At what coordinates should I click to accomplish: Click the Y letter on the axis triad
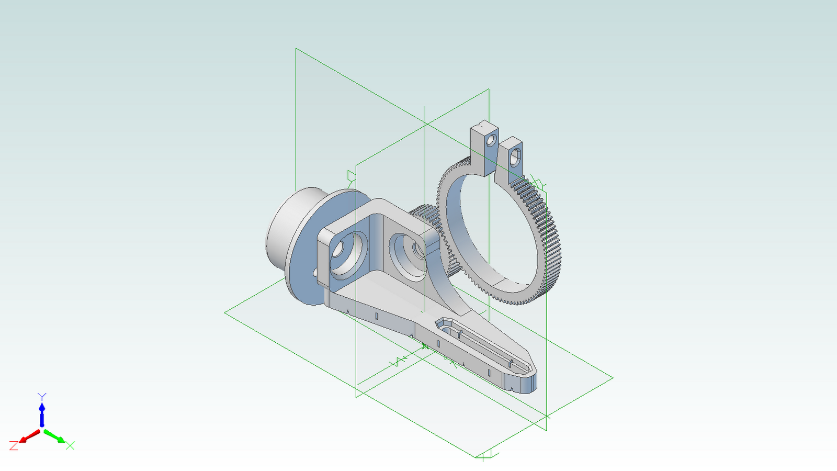(42, 397)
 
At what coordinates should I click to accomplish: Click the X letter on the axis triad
(70, 445)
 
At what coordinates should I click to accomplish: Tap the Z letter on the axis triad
(14, 446)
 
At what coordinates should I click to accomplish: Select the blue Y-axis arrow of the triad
(42, 413)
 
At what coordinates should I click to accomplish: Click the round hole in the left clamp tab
(491, 140)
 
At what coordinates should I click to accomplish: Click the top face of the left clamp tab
(484, 127)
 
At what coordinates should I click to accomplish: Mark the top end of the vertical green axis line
(425, 107)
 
